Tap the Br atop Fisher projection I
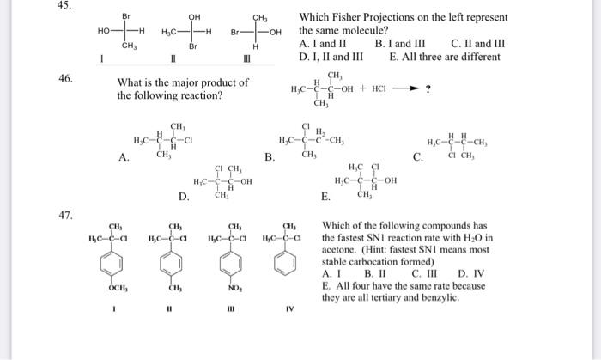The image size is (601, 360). point(127,16)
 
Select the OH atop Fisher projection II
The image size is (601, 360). point(194,16)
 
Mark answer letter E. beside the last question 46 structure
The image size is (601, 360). point(325,197)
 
